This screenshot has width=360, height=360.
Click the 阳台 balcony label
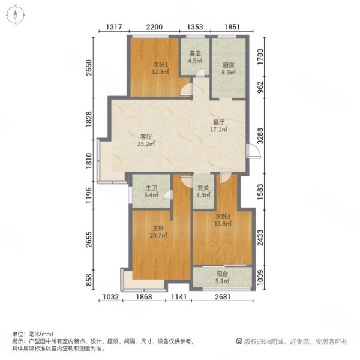point(222,274)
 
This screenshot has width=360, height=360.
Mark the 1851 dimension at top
point(232,26)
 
